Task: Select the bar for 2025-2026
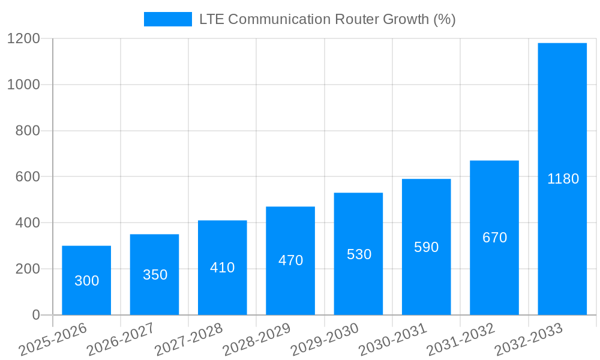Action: [86, 280]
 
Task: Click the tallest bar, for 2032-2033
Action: [562, 179]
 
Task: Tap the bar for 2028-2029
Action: [290, 260]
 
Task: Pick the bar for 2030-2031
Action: [426, 247]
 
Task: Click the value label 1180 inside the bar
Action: [563, 179]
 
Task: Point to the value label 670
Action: [494, 238]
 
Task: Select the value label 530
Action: [359, 254]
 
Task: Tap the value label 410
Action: [222, 268]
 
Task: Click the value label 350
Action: [155, 275]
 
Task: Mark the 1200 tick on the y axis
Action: [23, 39]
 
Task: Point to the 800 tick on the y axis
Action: [28, 131]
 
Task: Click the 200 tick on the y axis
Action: [28, 269]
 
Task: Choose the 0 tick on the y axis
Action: [36, 315]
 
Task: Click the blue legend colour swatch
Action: [167, 19]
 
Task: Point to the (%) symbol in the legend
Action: [445, 19]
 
